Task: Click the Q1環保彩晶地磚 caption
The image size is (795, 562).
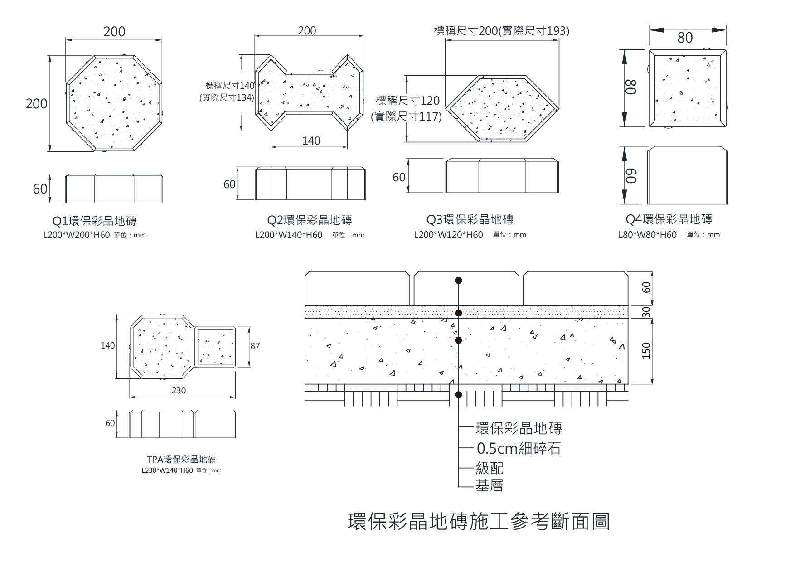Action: (x=94, y=221)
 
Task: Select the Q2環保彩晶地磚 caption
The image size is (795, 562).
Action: (x=310, y=220)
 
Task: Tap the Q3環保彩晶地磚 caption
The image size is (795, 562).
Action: (x=470, y=220)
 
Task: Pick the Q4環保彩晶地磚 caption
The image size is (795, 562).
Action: (x=669, y=219)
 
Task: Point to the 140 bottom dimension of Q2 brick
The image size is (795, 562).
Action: (x=311, y=141)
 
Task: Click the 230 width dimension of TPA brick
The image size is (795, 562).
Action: (x=179, y=390)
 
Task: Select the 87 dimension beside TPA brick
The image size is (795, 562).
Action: (x=255, y=346)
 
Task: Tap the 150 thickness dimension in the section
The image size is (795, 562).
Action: (x=646, y=350)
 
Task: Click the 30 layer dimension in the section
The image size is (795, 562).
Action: (x=646, y=312)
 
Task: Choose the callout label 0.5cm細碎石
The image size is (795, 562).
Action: (x=519, y=449)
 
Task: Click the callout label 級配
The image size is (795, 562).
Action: (x=490, y=468)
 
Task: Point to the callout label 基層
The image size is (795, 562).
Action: (x=490, y=486)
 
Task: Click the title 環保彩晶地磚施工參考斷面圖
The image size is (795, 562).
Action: (x=479, y=522)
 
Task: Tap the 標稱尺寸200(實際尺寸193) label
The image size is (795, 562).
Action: (x=502, y=31)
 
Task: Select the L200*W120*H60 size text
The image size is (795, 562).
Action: (x=448, y=235)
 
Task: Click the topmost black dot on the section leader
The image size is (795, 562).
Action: (x=459, y=281)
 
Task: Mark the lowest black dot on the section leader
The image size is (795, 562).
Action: (x=459, y=395)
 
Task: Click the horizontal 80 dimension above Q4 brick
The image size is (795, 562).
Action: (x=685, y=38)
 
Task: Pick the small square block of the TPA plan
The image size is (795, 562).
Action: (x=215, y=346)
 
